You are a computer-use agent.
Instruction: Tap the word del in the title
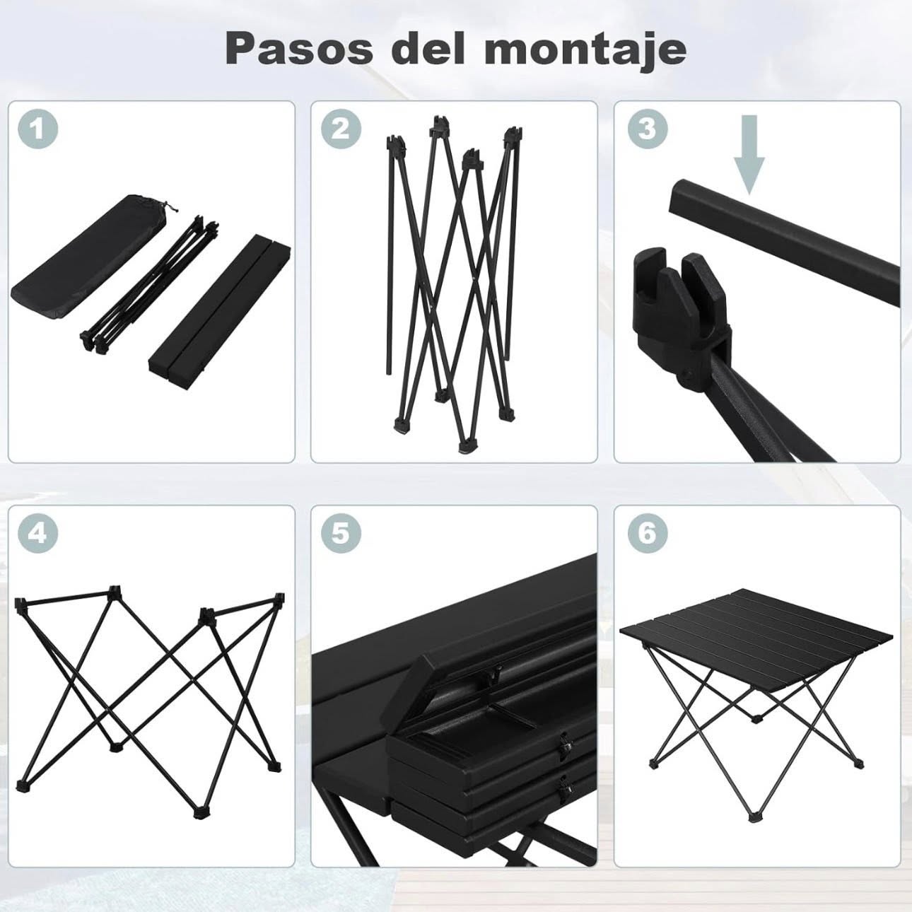tap(428, 49)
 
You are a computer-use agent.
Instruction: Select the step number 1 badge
tap(39, 129)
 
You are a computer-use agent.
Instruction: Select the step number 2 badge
tap(341, 129)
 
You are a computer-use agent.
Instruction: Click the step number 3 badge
tap(648, 129)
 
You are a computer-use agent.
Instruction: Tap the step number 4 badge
tap(39, 534)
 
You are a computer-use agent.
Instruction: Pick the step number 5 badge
tap(341, 534)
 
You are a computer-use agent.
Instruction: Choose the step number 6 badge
tap(648, 534)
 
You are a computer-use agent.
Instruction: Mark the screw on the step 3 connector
tap(685, 378)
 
